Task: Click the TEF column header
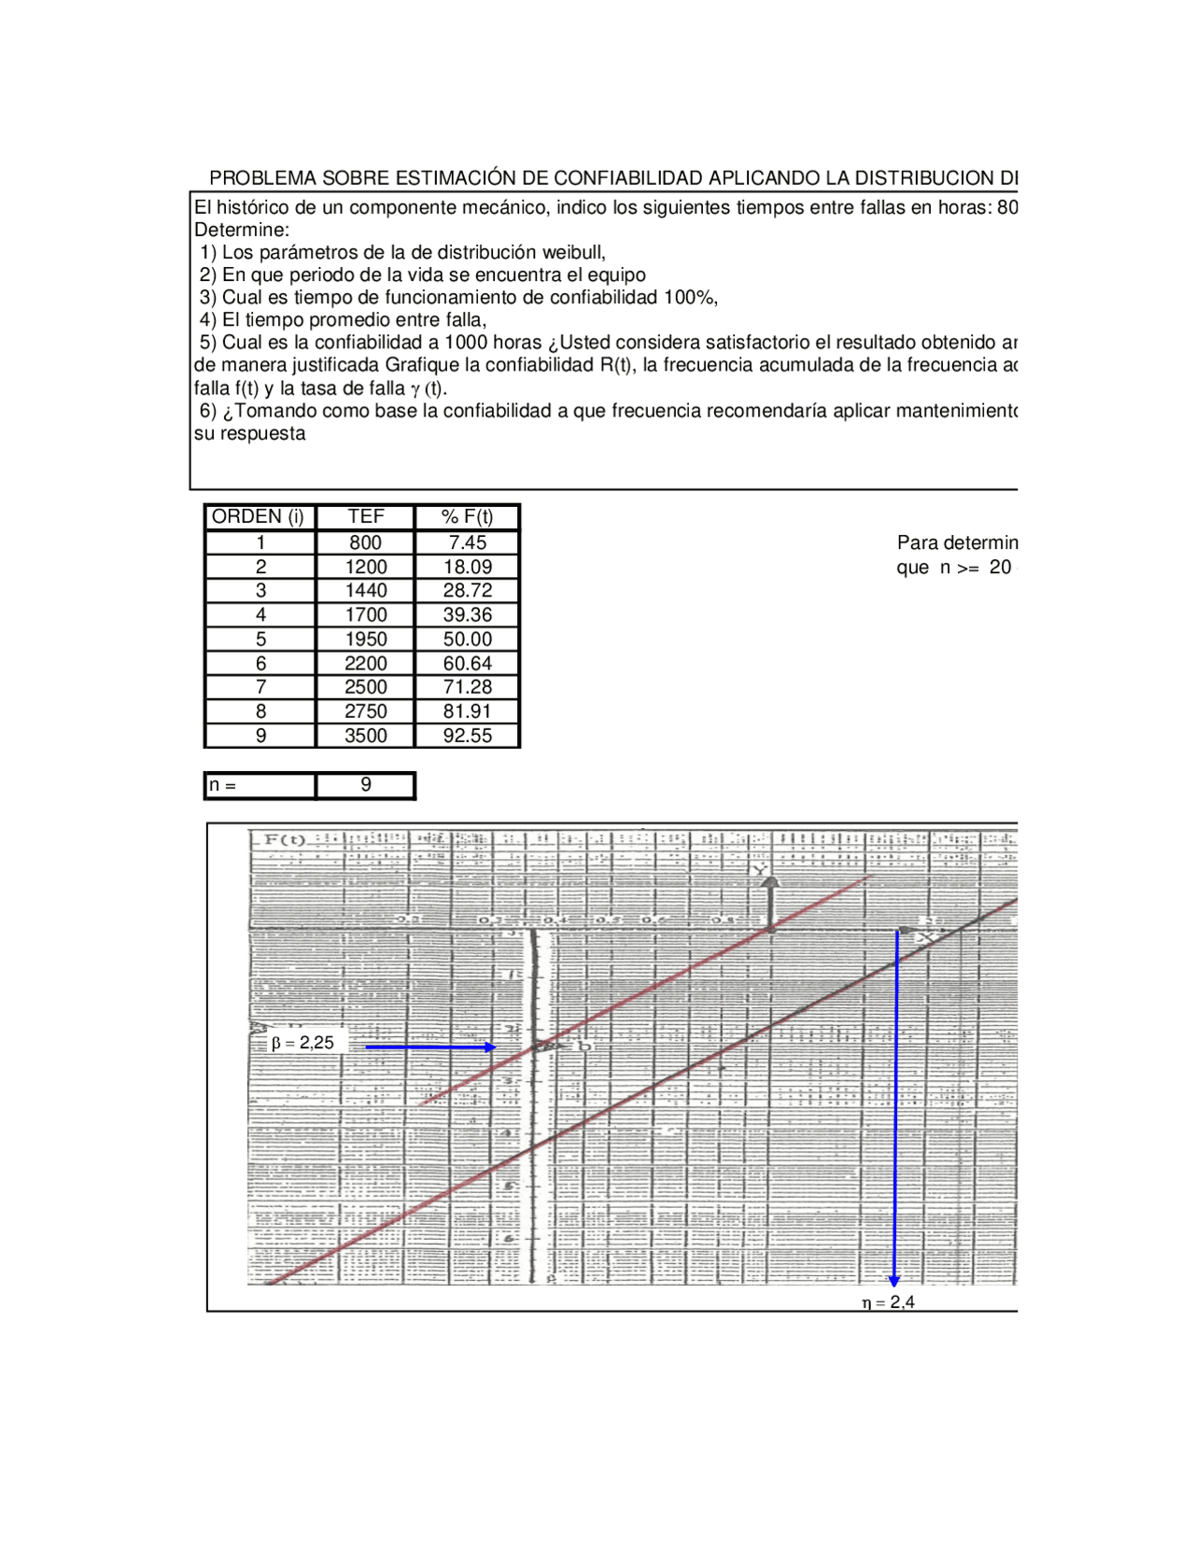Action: click(x=365, y=516)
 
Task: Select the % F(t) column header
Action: click(x=467, y=516)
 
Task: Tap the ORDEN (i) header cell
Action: click(x=259, y=516)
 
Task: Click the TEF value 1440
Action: click(x=365, y=590)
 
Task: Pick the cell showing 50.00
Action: click(x=467, y=639)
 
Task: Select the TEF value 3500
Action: click(x=365, y=736)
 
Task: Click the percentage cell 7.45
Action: click(x=467, y=542)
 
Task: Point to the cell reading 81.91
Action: click(x=467, y=711)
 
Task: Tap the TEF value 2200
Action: click(x=365, y=663)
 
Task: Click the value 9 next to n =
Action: click(x=365, y=785)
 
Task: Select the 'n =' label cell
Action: click(x=259, y=785)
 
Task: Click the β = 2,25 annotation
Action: click(x=302, y=1043)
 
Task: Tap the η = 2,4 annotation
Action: click(x=888, y=1302)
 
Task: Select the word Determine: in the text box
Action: click(x=242, y=230)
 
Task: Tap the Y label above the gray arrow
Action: click(x=760, y=870)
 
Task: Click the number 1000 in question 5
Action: click(x=466, y=343)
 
